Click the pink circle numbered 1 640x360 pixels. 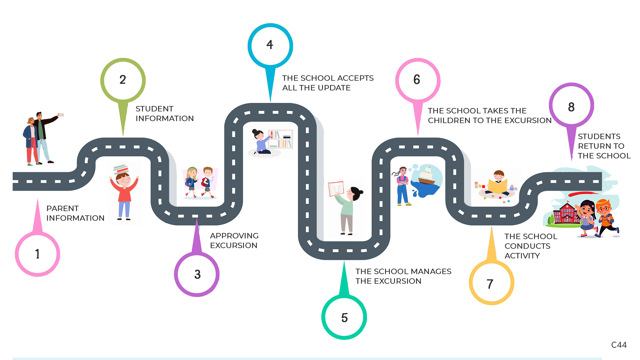tap(37, 254)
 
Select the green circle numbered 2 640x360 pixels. tap(123, 80)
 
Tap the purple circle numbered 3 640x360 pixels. tap(197, 274)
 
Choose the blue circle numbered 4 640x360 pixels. tap(270, 45)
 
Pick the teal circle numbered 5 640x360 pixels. tap(344, 317)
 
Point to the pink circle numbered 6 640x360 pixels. tap(417, 80)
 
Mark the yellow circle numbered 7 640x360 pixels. tap(491, 283)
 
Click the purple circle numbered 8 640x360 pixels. tap(571, 107)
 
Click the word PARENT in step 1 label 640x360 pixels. tap(62, 208)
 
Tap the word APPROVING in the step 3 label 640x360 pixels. tap(234, 236)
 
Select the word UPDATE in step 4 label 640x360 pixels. tap(334, 88)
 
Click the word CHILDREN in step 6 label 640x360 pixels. tap(449, 120)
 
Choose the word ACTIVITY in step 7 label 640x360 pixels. tap(522, 256)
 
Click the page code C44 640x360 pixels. tap(619, 345)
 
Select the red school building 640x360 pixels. tap(565, 213)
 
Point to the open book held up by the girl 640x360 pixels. tap(336, 189)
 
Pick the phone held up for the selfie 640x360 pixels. tap(61, 115)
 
